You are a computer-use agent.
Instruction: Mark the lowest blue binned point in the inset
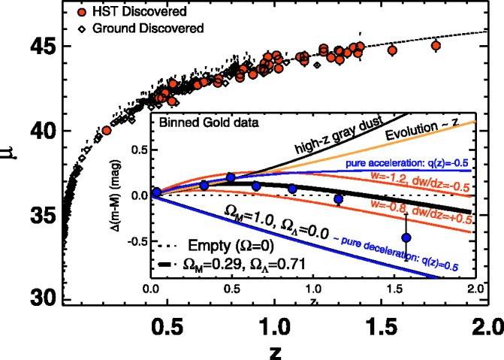click(406, 237)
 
